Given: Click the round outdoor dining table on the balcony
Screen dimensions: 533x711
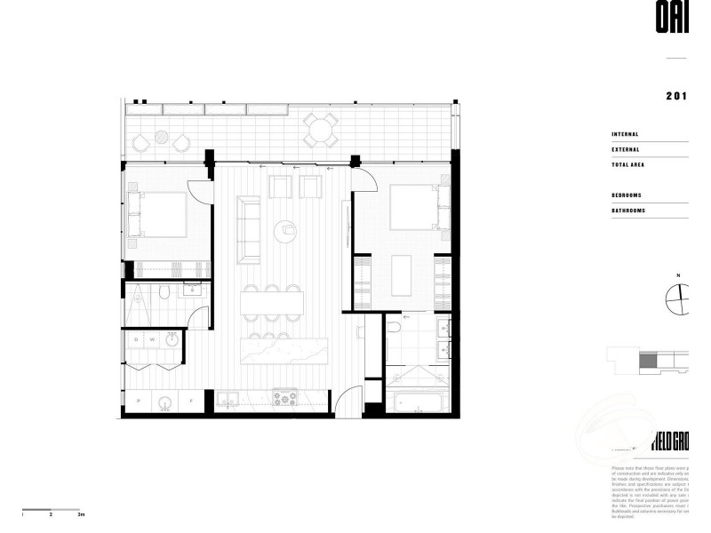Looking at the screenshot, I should point(319,131).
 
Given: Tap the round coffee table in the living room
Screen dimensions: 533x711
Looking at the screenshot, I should point(286,228).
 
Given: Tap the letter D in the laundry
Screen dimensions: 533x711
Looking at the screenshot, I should point(137,340).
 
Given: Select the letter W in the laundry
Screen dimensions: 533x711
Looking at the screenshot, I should point(152,340).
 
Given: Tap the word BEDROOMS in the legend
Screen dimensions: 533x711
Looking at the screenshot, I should point(627,195).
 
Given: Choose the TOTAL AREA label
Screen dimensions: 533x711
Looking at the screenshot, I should point(628,164).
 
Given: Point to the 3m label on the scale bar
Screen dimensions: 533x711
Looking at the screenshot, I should point(81,514).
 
